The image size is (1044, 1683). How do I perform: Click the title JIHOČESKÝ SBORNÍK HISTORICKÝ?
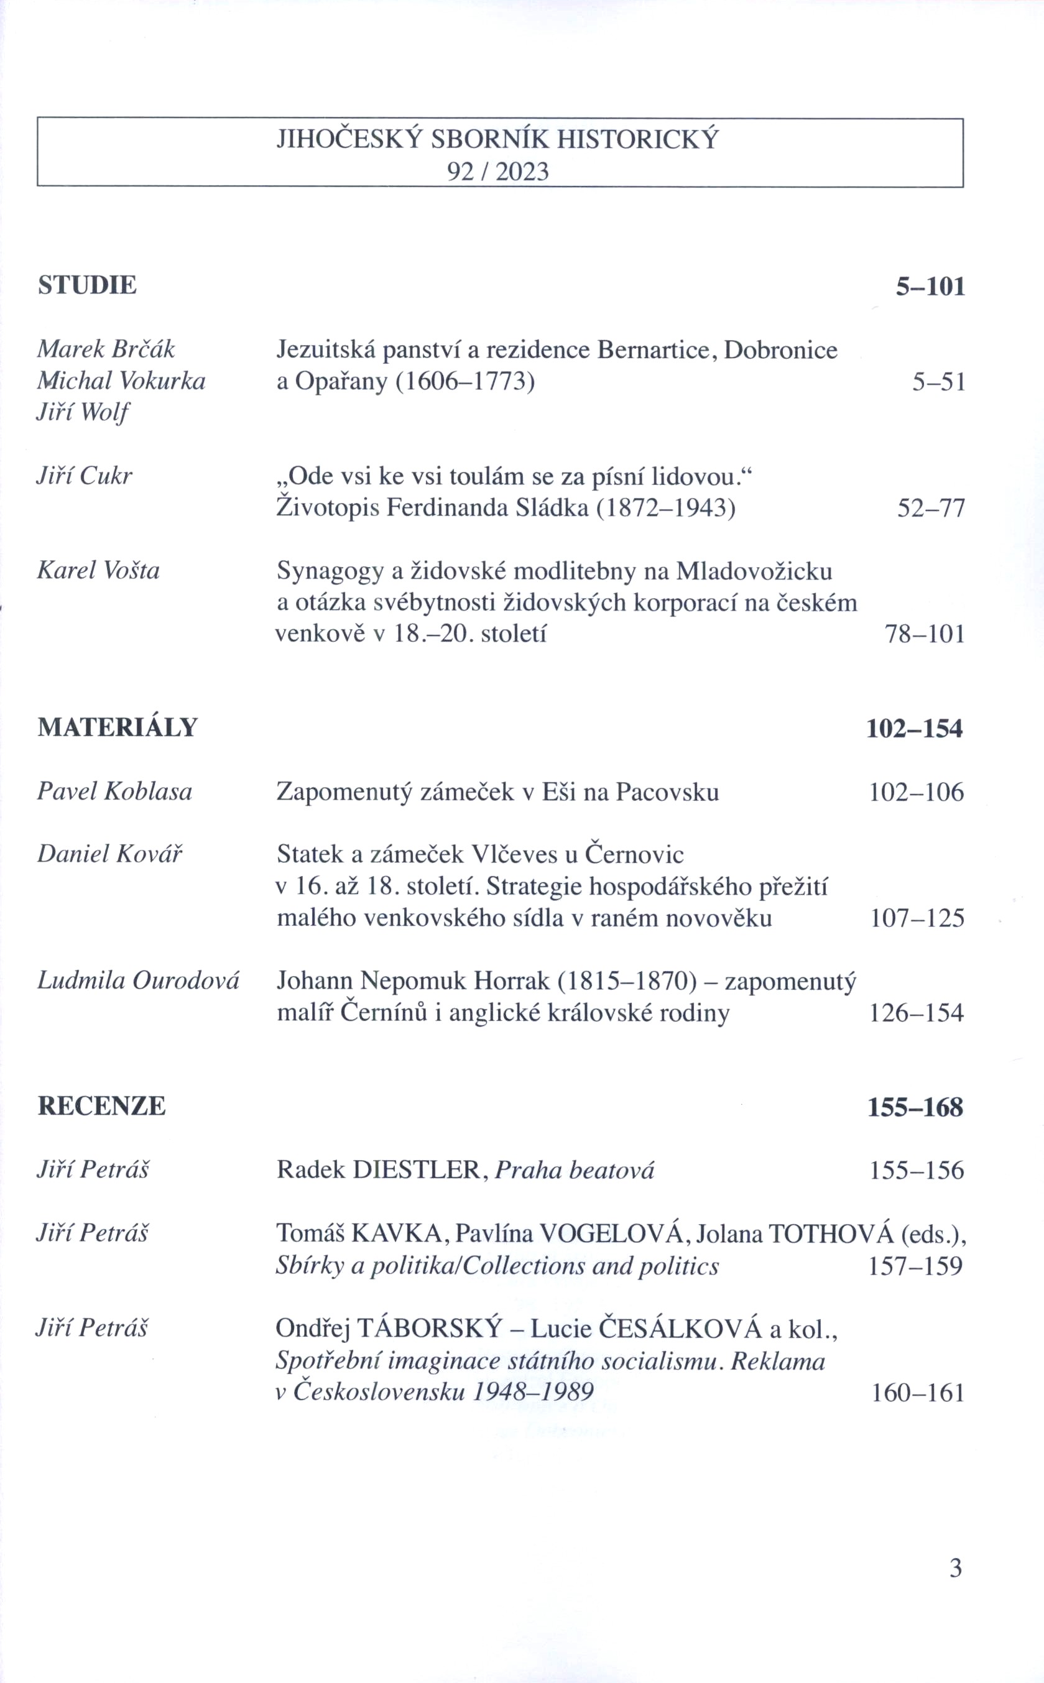[497, 139]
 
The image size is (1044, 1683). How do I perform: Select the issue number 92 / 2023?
[497, 172]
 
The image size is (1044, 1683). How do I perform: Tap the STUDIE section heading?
[87, 285]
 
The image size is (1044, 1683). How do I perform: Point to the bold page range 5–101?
[930, 287]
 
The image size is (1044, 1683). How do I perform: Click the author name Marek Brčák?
[106, 349]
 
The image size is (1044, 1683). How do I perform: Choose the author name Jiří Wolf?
[83, 413]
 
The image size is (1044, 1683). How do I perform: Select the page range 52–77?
[930, 509]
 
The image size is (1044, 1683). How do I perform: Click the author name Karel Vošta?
[98, 571]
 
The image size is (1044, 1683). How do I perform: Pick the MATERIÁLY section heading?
[118, 727]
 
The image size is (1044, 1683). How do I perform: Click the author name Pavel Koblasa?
[114, 792]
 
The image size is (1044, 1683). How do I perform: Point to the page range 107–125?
[917, 918]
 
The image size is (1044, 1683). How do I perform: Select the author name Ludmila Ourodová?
[138, 981]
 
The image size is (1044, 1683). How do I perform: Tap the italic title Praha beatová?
[575, 1170]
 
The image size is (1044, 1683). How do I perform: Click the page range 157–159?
[915, 1265]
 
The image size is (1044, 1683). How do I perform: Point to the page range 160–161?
[917, 1393]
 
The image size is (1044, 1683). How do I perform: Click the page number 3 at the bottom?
[956, 1568]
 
